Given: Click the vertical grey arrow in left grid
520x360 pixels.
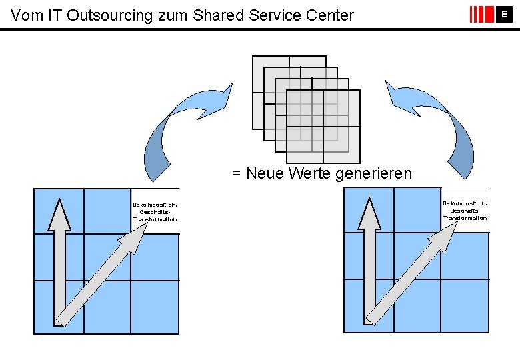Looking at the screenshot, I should pos(60,260).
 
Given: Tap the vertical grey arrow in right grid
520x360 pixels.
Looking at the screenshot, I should pos(370,260).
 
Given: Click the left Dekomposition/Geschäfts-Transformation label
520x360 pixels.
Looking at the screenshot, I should pos(155,211).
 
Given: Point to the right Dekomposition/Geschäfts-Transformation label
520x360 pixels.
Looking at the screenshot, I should pos(465,210).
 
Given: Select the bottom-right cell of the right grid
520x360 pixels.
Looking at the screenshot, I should pos(465,305).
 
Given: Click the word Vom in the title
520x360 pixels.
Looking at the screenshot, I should pos(25,15).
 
